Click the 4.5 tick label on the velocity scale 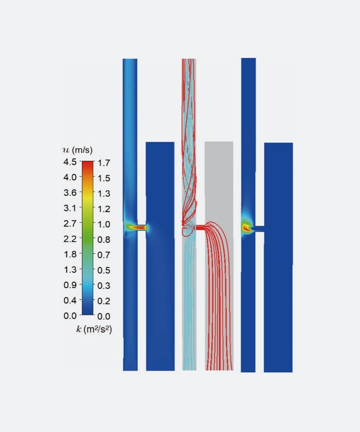tap(70, 162)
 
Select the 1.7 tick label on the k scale tap(104, 163)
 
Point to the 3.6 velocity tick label tap(70, 192)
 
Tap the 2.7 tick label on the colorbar tap(70, 223)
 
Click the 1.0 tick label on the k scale tap(104, 224)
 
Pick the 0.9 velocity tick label tap(70, 285)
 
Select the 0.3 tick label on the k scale tap(104, 286)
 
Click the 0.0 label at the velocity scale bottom tap(70, 316)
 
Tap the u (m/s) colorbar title tap(78, 150)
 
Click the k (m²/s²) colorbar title tap(94, 329)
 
